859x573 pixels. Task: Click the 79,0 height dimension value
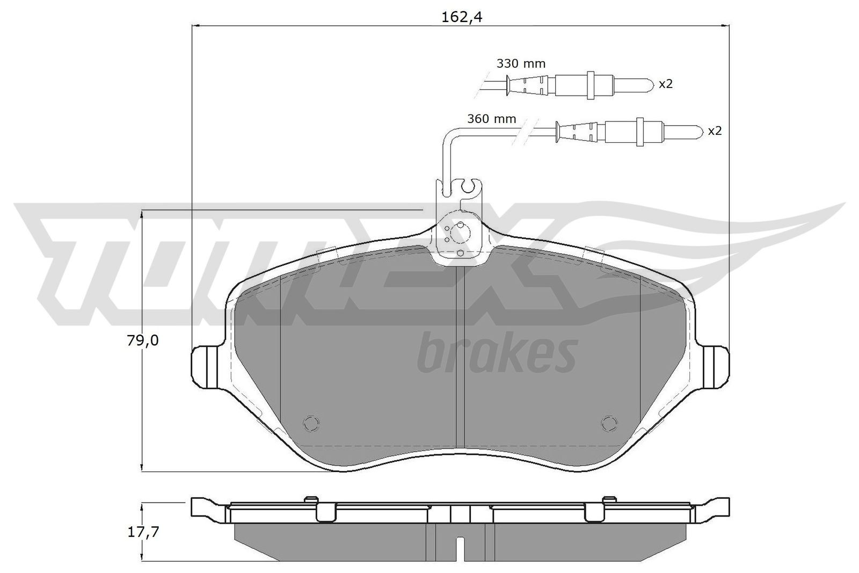click(x=143, y=340)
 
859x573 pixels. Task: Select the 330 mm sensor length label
click(x=521, y=63)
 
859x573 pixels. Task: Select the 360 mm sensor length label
click(x=491, y=119)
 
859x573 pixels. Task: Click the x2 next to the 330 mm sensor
click(x=665, y=84)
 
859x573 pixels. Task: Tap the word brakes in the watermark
click(x=497, y=354)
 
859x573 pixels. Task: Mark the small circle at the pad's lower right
click(x=609, y=423)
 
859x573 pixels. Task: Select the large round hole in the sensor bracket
click(x=460, y=233)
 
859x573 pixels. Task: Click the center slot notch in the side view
click(x=460, y=548)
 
